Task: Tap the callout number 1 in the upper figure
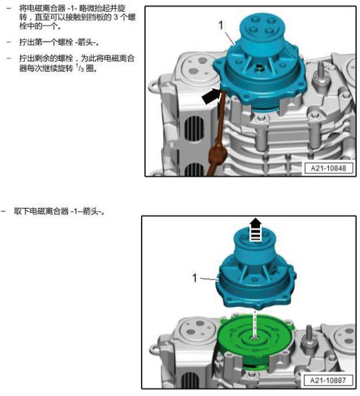pyautogui.click(x=221, y=24)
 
